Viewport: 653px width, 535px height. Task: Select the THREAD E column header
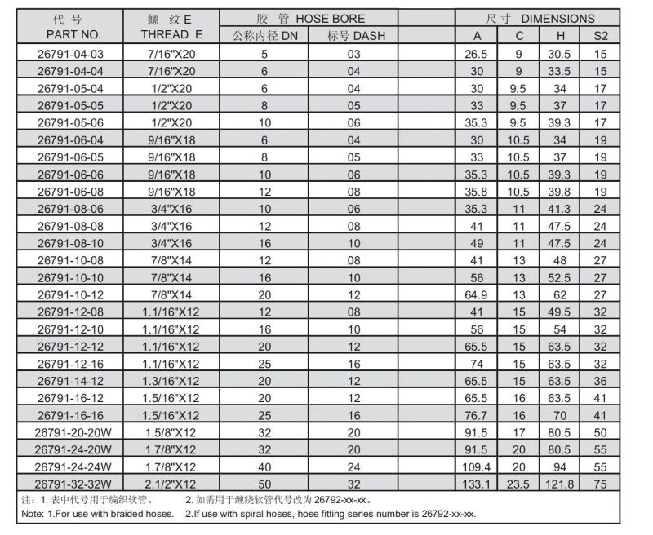coord(171,35)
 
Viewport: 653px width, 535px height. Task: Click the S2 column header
coord(601,35)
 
